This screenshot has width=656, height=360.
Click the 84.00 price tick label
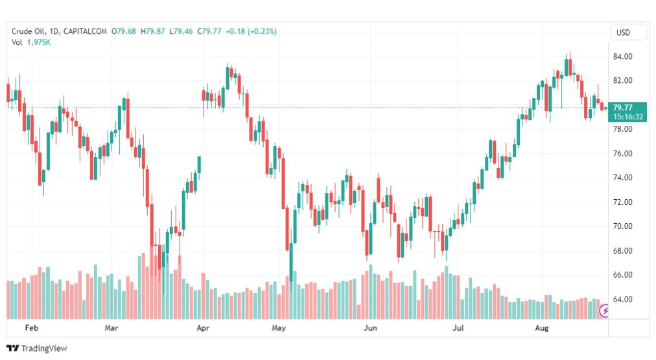click(x=623, y=56)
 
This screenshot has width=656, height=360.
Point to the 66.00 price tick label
click(x=623, y=275)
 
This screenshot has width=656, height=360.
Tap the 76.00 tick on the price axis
click(x=623, y=154)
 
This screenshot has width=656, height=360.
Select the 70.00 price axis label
click(x=623, y=226)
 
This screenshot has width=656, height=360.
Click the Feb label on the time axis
click(x=32, y=328)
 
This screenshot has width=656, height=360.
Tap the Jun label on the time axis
click(x=371, y=328)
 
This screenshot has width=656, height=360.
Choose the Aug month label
click(x=541, y=328)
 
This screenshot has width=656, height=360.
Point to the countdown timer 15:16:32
click(x=628, y=117)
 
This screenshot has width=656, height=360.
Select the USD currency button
click(x=623, y=32)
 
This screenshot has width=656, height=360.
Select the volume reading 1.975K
click(x=38, y=42)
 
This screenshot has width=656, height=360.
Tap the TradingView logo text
click(x=43, y=348)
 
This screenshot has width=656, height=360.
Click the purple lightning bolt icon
click(x=605, y=311)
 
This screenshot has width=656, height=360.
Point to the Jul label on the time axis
click(x=458, y=328)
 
